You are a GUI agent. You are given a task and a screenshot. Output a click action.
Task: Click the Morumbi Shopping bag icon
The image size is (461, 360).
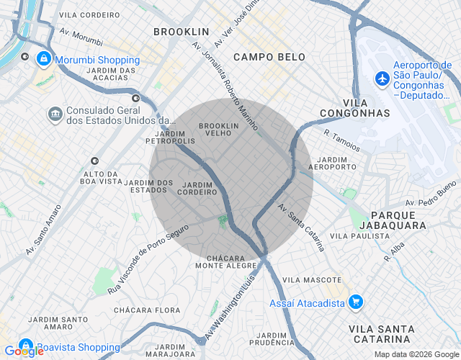(44, 59)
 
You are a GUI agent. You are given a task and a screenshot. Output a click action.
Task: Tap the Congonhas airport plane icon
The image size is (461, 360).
(382, 77)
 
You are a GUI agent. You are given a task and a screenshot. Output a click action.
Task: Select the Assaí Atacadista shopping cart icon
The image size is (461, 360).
(354, 303)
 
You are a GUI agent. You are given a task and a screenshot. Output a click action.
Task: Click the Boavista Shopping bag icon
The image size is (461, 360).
(27, 346)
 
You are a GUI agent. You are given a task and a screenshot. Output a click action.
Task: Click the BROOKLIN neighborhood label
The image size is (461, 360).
(181, 32)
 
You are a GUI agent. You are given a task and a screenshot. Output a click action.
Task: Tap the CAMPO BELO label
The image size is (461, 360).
(269, 57)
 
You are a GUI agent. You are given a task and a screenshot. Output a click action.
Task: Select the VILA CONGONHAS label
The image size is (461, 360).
(357, 107)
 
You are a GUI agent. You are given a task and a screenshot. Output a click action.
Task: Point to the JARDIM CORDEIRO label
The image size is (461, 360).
(198, 189)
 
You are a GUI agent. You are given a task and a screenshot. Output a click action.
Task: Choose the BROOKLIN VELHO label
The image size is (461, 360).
(218, 130)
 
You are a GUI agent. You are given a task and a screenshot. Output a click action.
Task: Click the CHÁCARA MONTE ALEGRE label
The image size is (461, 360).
(231, 261)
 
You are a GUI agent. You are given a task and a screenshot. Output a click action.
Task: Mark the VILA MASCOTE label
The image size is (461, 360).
(312, 279)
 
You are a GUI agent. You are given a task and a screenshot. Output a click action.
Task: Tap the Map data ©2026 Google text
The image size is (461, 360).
(416, 354)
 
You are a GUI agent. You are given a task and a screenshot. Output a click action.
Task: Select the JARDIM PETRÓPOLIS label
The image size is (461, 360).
(170, 137)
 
